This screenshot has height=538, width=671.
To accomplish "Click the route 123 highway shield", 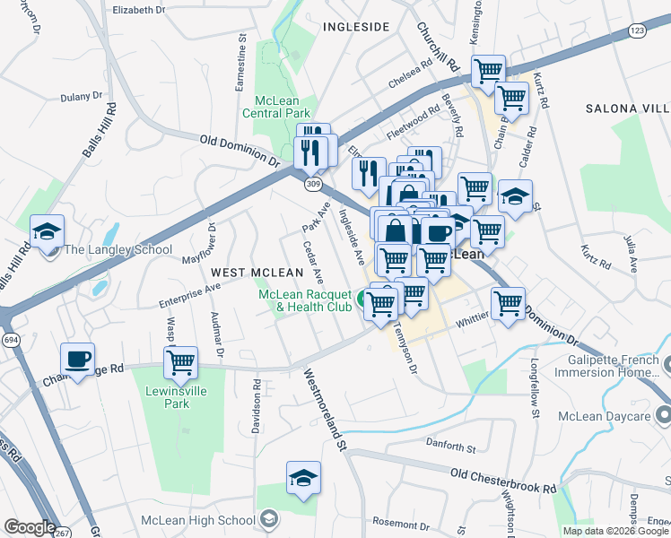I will pyautogui.click(x=637, y=30).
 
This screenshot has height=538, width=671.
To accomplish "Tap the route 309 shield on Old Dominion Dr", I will pyautogui.click(x=311, y=184).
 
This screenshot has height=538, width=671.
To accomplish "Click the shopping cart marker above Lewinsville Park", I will pyautogui.click(x=181, y=364).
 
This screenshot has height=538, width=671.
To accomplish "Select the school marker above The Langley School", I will pyautogui.click(x=47, y=232).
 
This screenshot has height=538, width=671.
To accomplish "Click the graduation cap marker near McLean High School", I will pyautogui.click(x=304, y=479).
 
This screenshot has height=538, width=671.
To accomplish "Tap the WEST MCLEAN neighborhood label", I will pyautogui.click(x=251, y=271).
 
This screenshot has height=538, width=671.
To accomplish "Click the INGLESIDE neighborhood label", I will pyautogui.click(x=355, y=27).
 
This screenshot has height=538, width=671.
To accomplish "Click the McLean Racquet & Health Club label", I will pyautogui.click(x=306, y=300).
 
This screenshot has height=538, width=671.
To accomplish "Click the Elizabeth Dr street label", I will pyautogui.click(x=139, y=10).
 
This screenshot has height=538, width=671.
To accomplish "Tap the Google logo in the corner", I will pyautogui.click(x=30, y=526).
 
